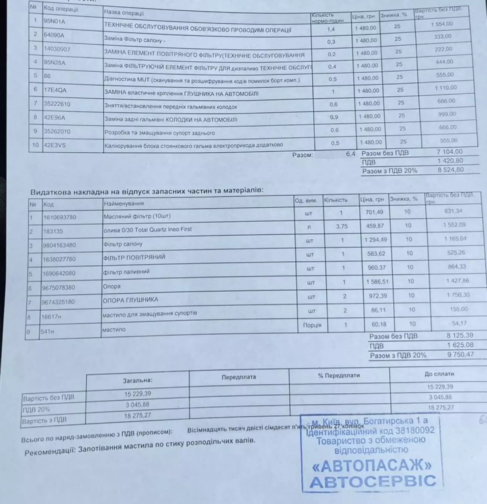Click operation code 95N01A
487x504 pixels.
coord(54,21)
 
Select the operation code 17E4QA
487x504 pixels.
coord(55,90)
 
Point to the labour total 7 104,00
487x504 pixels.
coord(450,152)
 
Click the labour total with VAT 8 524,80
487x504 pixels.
coord(451,170)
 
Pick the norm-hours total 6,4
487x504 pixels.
coord(350,154)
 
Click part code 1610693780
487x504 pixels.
coord(60,217)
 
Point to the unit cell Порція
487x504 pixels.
coord(312,325)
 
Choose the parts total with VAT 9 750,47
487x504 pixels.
coord(461,354)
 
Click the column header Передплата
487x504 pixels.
coord(239,377)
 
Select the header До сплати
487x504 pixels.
coord(439,374)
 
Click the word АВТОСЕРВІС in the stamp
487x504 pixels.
coord(372,481)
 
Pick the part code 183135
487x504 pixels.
coord(53,231)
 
